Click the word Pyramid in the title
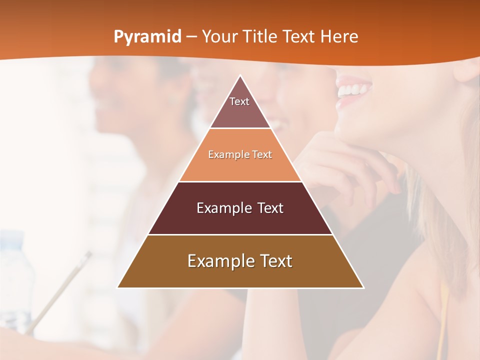147,37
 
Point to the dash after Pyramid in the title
191,37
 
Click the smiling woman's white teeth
354,90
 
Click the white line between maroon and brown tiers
240,234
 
